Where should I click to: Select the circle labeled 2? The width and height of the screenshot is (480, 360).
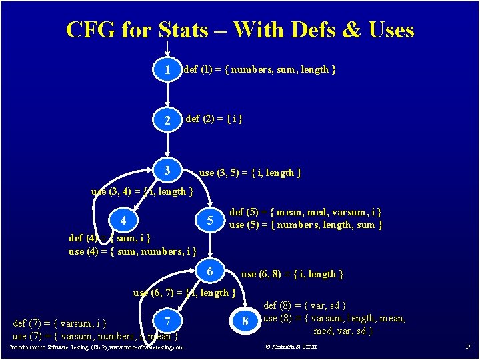point(167,121)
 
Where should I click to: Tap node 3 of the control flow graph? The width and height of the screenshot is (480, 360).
point(167,171)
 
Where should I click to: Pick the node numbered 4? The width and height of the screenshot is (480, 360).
point(123,221)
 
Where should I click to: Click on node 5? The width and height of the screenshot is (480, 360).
point(209,221)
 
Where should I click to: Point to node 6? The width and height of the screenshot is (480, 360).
point(209,272)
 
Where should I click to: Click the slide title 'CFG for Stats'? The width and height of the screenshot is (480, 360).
point(240,30)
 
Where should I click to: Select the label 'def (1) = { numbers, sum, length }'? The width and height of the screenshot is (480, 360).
point(259,69)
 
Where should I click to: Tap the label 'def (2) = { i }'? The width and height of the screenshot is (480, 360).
point(213,119)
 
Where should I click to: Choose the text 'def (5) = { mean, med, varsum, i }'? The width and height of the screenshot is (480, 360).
point(305,212)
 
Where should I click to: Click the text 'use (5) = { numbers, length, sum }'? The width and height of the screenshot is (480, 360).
point(306,225)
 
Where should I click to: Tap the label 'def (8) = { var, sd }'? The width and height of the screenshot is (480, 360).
point(305,305)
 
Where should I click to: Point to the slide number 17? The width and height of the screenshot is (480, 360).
point(468,347)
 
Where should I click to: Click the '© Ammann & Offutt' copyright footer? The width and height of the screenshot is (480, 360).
point(291,347)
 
